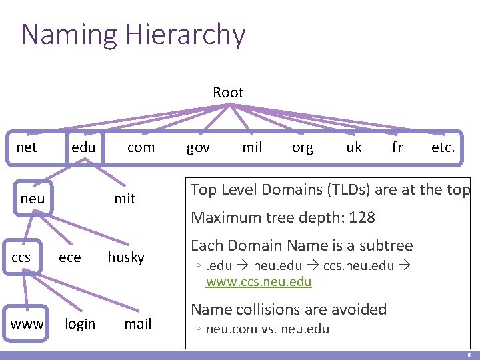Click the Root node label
[x=228, y=93]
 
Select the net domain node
[x=27, y=147]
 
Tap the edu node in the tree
[x=83, y=147]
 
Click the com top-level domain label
[x=141, y=147]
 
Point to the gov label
[x=198, y=147]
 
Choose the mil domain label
[x=252, y=147]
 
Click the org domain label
[x=303, y=147]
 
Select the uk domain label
[x=354, y=147]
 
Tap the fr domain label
[x=397, y=147]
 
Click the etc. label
[x=443, y=147]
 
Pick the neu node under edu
[x=33, y=199]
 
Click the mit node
[x=125, y=199]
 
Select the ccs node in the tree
[x=21, y=257]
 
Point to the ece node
[x=71, y=257]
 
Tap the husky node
[x=126, y=257]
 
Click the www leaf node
[x=27, y=325]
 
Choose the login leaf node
[x=80, y=325]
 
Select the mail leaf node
[x=138, y=325]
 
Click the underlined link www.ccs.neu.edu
[x=259, y=282]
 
